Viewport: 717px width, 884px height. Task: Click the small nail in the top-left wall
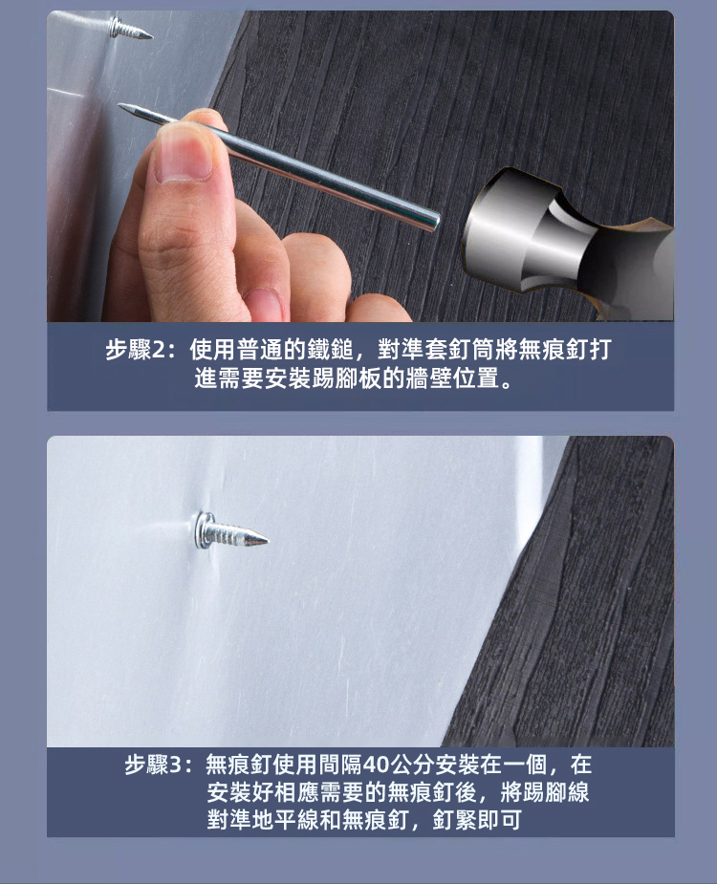tap(130, 29)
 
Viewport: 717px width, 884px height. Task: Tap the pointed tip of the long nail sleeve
tap(119, 105)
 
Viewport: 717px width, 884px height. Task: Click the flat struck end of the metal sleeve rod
tap(434, 221)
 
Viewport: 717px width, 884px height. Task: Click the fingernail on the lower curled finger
tap(264, 305)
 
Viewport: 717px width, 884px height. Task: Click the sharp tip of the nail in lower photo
tap(267, 541)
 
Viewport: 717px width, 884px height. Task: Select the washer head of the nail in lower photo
tap(205, 530)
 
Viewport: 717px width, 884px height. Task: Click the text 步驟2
tap(135, 351)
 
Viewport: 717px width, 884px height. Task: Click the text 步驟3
tap(152, 765)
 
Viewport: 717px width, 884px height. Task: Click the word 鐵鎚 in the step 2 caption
tap(330, 351)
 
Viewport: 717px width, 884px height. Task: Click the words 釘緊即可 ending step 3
tap(477, 820)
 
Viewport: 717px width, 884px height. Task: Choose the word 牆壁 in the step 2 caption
tap(428, 378)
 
